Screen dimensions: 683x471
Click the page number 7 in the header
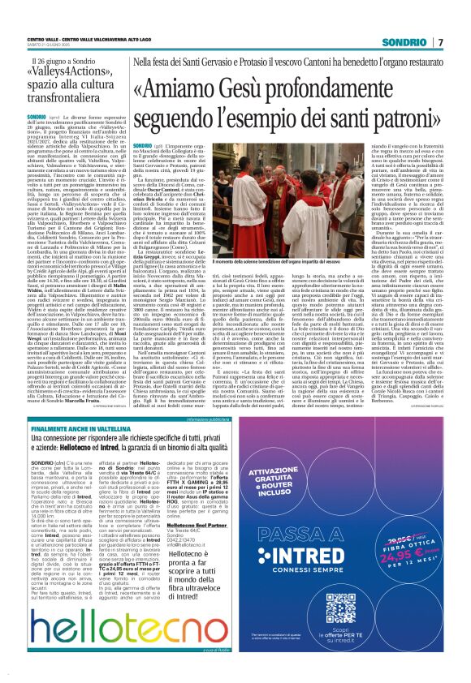point(464,19)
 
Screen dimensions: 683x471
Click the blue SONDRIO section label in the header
point(430,19)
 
